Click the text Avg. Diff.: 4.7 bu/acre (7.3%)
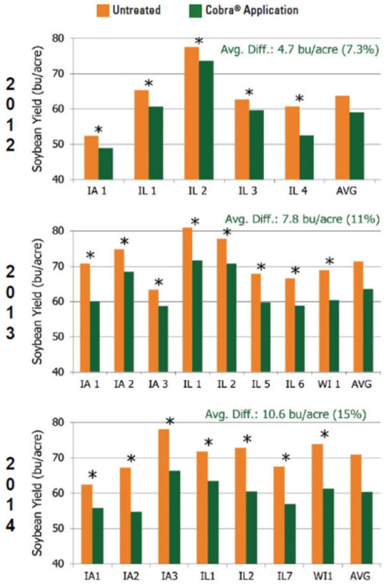pyautogui.click(x=298, y=51)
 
